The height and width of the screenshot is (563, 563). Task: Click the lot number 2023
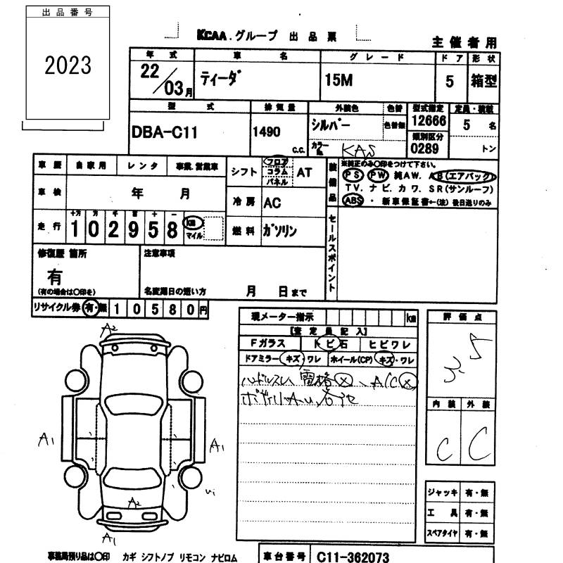coord(68,65)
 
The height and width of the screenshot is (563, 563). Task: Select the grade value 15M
coord(338,80)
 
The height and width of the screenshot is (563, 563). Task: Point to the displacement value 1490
coord(266,132)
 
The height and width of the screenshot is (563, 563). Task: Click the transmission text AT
coord(304,172)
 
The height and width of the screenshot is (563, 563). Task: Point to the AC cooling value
coord(272,203)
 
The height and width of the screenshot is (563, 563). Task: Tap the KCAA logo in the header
coord(211,37)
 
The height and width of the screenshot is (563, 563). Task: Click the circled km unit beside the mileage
coord(190,222)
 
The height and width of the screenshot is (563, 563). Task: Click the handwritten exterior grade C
coord(479,443)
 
